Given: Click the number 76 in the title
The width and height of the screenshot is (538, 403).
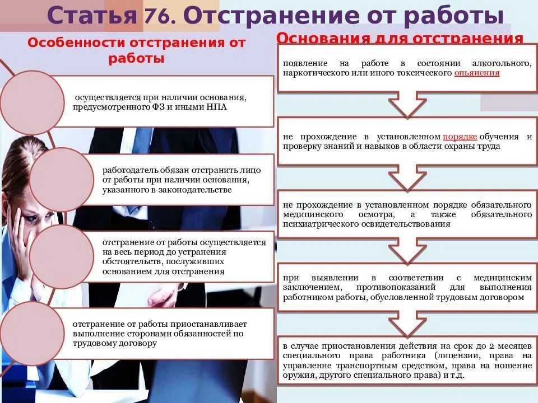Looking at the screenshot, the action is tap(159, 17).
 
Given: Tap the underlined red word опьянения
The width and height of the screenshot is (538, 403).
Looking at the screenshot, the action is tap(477, 73).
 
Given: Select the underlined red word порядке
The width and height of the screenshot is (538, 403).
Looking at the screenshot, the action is tap(460, 137).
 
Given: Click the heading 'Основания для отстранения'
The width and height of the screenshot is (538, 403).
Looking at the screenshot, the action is tap(400, 38).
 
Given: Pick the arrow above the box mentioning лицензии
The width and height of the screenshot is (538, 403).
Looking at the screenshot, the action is tap(408, 321).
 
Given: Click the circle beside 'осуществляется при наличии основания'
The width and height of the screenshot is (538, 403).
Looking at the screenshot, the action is tap(33, 102).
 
